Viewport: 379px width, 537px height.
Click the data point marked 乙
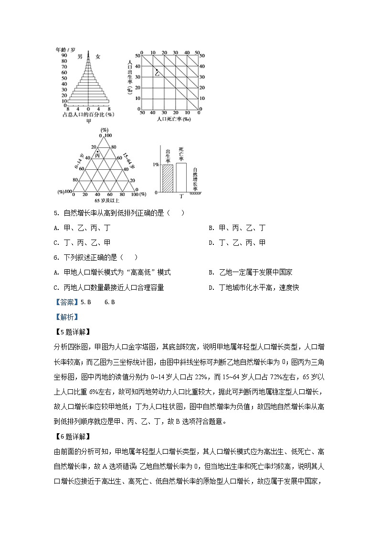(157, 70)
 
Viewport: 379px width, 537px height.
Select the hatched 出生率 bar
(167, 178)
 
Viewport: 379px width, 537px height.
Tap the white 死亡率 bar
(181, 177)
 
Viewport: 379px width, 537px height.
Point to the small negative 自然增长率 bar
(195, 193)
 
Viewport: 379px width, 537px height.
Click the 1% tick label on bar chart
(156, 164)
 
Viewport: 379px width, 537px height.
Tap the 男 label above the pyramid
(80, 56)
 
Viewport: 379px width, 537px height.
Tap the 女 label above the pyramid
(97, 56)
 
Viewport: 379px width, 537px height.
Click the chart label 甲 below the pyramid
(89, 121)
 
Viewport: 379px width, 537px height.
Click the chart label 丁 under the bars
(181, 196)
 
